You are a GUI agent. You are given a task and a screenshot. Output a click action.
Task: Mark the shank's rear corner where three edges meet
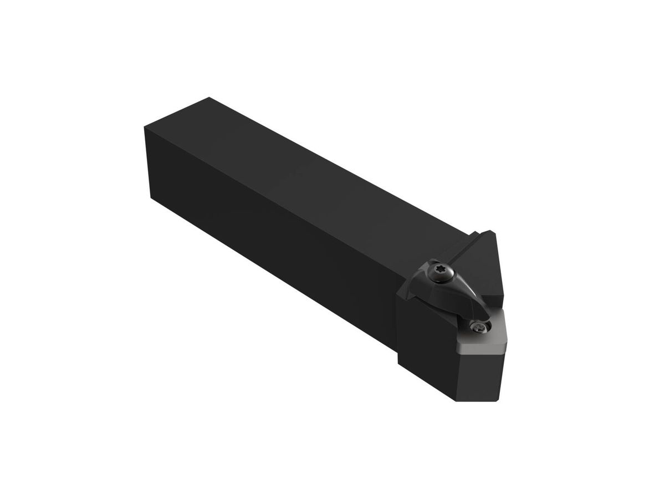145,129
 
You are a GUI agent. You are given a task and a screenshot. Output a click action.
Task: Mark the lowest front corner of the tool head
456,401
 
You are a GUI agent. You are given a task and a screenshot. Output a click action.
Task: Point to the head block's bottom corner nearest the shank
398,363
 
